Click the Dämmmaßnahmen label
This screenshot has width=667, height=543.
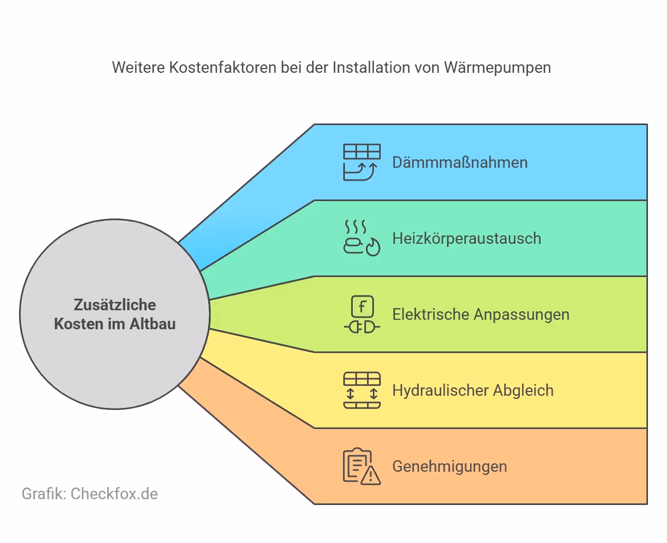459,162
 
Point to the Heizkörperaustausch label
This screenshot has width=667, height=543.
466,238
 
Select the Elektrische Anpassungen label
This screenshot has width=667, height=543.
481,314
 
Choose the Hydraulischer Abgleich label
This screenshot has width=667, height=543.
473,390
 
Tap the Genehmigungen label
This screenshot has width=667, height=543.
449,466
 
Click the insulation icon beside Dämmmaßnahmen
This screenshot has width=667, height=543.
362,162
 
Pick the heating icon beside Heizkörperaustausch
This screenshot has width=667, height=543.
362,238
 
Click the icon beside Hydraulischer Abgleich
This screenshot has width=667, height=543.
362,390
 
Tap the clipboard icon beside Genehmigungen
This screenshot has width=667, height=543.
362,466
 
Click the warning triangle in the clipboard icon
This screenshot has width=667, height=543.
371,475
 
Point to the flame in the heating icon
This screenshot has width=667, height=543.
373,247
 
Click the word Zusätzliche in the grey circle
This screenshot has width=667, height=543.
115,304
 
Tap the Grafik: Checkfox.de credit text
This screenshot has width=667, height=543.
90,493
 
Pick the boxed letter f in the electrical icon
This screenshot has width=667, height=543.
362,306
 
